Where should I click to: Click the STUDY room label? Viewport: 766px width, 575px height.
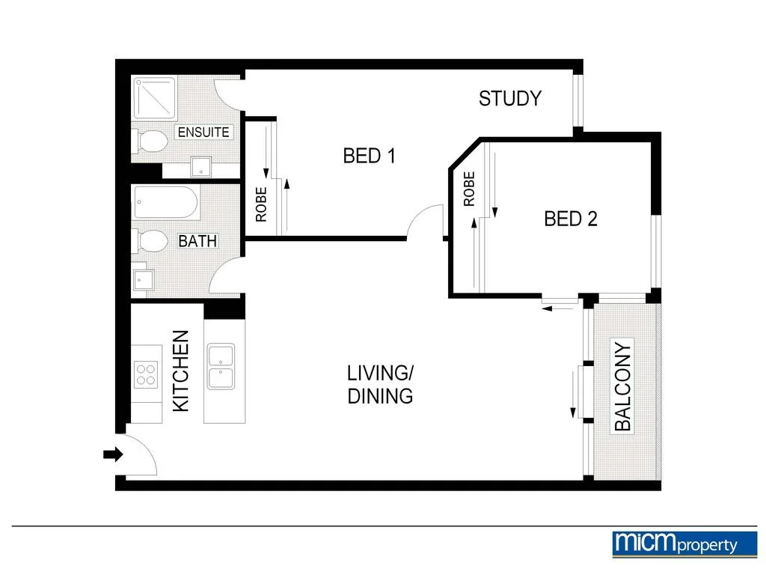509,98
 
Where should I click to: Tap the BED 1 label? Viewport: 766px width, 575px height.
368,156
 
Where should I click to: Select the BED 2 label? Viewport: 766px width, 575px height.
570,219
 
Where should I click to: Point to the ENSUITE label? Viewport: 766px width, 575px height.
203,133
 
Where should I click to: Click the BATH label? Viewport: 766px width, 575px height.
197,241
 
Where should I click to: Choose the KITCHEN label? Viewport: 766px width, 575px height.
181,371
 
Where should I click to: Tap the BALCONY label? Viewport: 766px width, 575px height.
622,386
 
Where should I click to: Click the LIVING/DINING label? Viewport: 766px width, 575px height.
380,384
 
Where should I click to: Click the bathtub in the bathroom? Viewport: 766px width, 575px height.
166,203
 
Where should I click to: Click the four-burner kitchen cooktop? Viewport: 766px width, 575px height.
147,374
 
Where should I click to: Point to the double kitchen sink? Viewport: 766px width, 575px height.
221,367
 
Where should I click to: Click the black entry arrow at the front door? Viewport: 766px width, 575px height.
113,454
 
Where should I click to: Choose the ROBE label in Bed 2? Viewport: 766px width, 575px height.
469,189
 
